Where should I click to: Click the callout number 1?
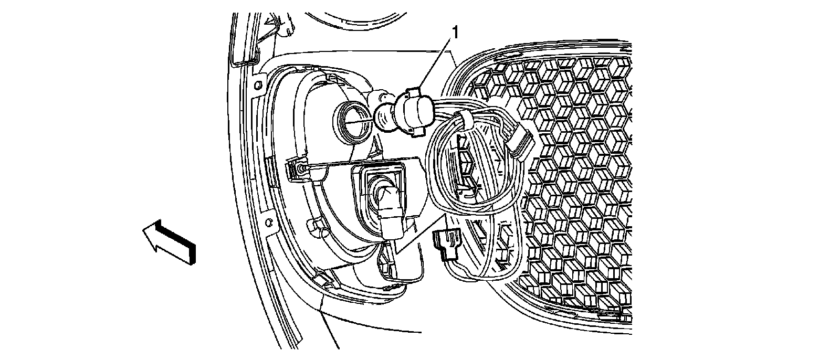[455, 33]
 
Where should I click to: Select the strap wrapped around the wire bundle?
[464, 119]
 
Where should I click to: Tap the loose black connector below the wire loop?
[446, 244]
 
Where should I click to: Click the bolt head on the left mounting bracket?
[299, 168]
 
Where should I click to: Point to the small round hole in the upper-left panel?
[258, 84]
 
